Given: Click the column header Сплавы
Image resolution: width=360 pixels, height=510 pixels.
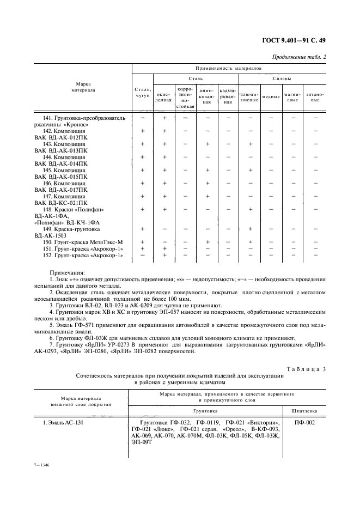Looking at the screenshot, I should click(x=281, y=80).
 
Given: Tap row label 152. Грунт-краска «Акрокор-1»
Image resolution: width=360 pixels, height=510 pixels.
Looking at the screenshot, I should click(x=83, y=255).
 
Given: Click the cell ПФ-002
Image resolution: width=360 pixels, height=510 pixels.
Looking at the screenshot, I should click(x=303, y=422).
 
